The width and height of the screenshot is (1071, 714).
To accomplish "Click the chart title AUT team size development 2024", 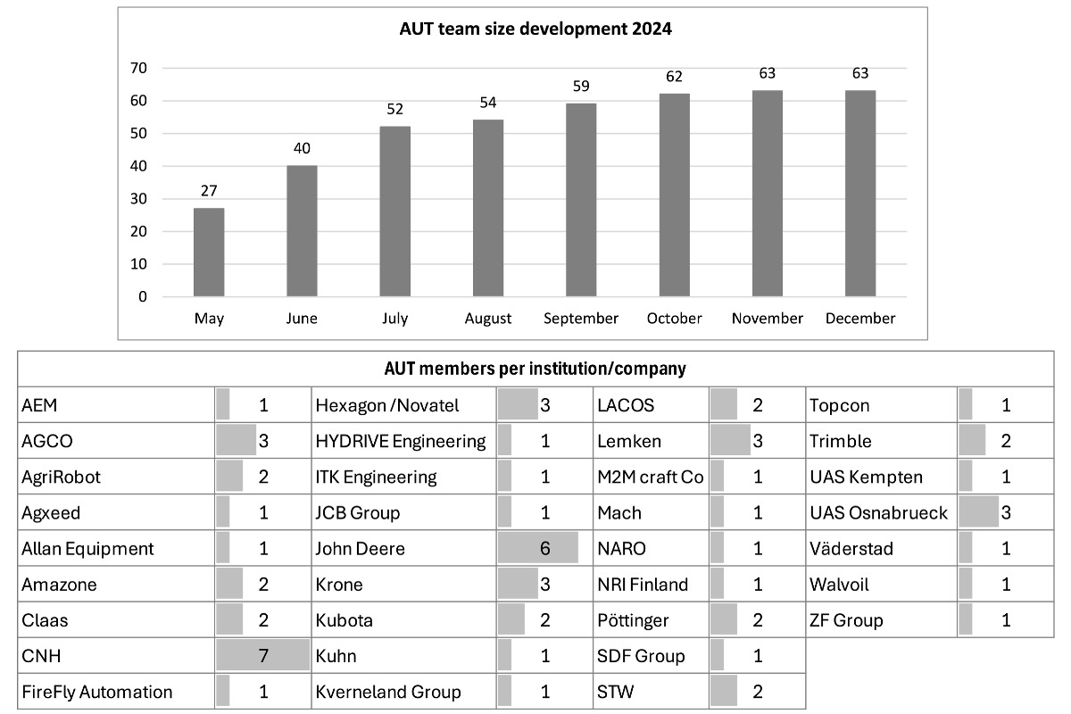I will click(x=535, y=29).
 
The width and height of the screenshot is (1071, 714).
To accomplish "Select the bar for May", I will click(x=209, y=253).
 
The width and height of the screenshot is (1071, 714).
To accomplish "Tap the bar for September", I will click(x=581, y=200).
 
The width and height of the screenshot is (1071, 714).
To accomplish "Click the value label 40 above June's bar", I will click(x=302, y=148).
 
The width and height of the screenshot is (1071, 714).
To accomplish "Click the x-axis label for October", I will click(x=674, y=319).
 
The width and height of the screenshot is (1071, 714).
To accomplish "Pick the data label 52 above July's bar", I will click(x=394, y=110).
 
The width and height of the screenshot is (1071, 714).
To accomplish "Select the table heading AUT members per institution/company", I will click(x=535, y=368).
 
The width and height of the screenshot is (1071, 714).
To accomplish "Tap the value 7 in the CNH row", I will click(x=263, y=656).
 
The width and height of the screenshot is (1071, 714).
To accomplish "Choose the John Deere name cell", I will click(x=361, y=549).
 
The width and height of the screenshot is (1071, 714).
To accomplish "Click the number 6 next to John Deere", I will click(x=544, y=549).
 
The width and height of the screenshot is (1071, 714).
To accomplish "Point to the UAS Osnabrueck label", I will click(x=878, y=513).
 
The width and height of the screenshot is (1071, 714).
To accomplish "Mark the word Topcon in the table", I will click(x=839, y=405).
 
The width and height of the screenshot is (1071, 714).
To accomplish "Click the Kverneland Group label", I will click(x=388, y=692).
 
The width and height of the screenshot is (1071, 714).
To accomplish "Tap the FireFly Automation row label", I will click(x=96, y=692).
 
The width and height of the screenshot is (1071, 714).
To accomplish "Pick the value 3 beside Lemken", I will click(x=758, y=441).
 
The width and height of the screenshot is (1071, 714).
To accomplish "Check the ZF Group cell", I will click(x=846, y=620).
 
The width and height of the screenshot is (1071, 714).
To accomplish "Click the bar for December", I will click(x=859, y=194).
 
